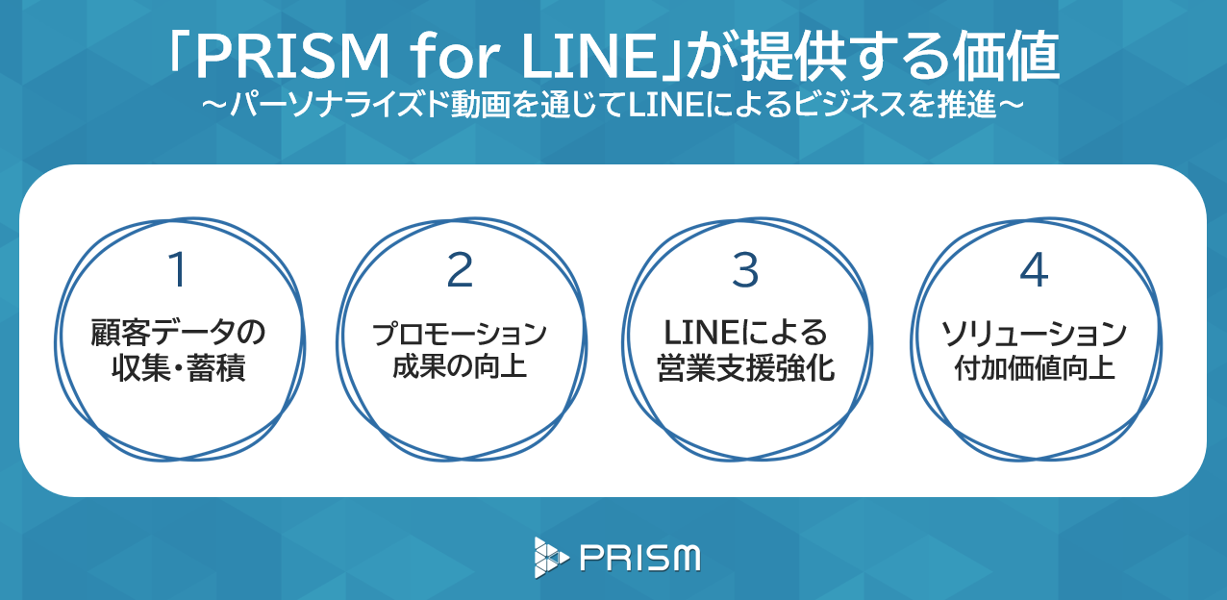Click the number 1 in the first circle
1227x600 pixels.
[x=176, y=272]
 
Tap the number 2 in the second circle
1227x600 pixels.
[x=461, y=272]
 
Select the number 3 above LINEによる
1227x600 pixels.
[x=745, y=272]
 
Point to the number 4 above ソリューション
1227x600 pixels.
[x=1033, y=272]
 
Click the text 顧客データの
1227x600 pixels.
[x=177, y=335]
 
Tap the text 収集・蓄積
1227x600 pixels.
[x=177, y=368]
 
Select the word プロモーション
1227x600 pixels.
[x=460, y=335]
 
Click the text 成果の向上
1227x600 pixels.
[x=460, y=366]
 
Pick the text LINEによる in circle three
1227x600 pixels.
[x=745, y=334]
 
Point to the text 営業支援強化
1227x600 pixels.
[x=745, y=368]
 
